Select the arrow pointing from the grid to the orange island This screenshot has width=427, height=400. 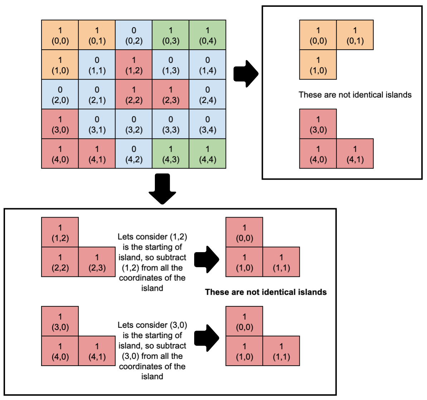click(246, 74)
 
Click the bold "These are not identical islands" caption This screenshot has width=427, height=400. click(266, 292)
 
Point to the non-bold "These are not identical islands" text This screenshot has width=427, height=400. click(355, 95)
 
